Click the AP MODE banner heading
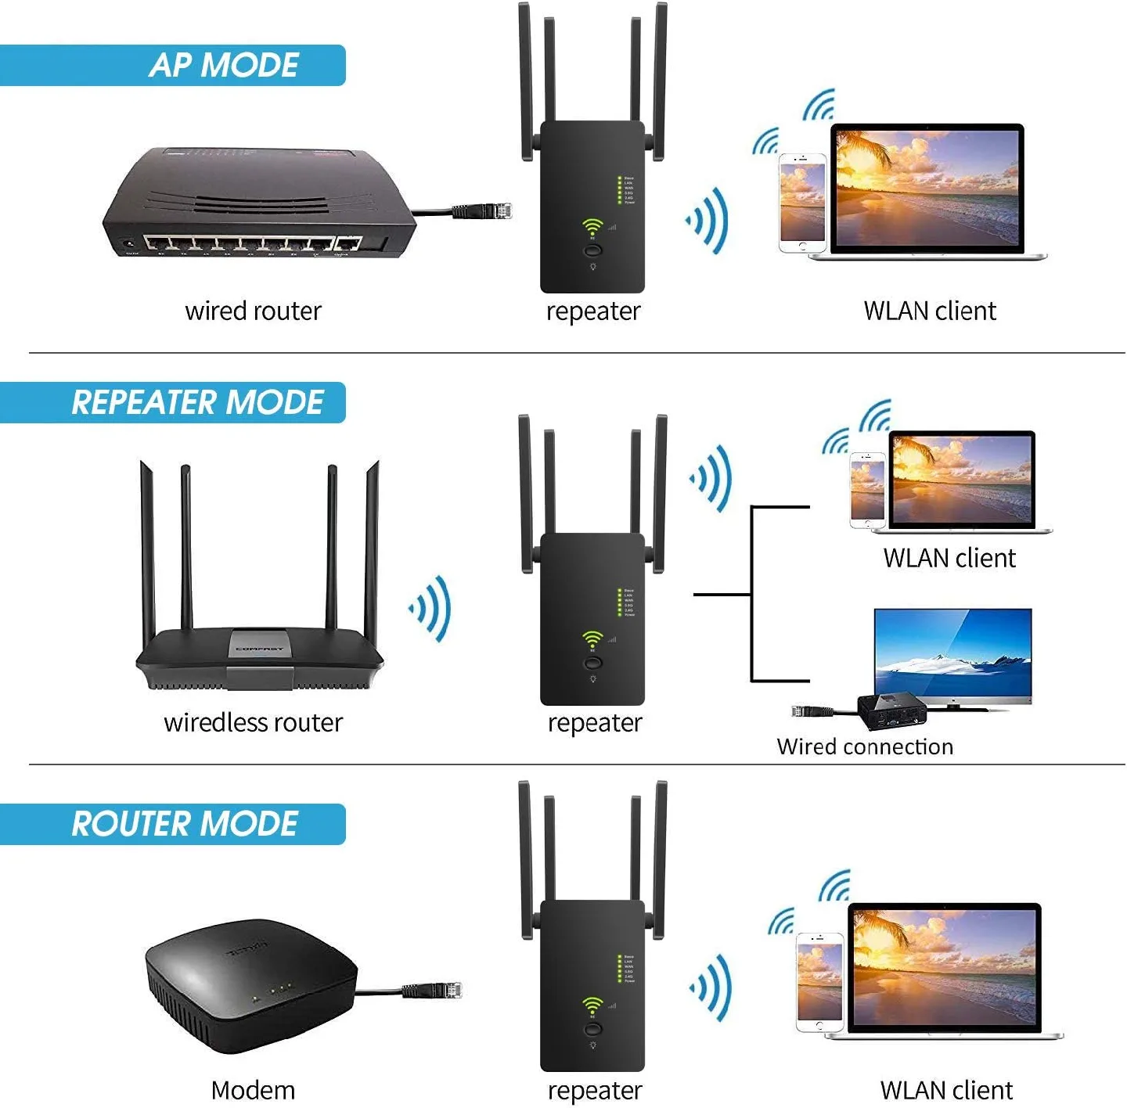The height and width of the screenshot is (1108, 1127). pos(224,65)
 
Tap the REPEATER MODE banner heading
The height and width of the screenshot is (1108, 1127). pos(197,402)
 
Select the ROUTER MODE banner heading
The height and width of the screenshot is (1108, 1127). pos(185,824)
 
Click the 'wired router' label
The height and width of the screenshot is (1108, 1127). pos(253,311)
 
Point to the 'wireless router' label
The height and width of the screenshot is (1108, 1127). pos(253,722)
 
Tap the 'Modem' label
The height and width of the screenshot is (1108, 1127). pos(253,1090)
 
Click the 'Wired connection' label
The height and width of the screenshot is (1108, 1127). pos(865,746)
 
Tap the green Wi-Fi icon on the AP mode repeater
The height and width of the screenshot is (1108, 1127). pos(592,226)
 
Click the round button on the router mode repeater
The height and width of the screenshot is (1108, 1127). pos(592,1028)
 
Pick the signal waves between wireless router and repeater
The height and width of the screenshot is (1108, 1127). pos(430,609)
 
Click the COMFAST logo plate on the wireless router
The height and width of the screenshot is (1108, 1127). pos(260,648)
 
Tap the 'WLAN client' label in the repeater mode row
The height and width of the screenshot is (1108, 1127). pos(949,558)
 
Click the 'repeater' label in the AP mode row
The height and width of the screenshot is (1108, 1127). pos(593,311)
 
